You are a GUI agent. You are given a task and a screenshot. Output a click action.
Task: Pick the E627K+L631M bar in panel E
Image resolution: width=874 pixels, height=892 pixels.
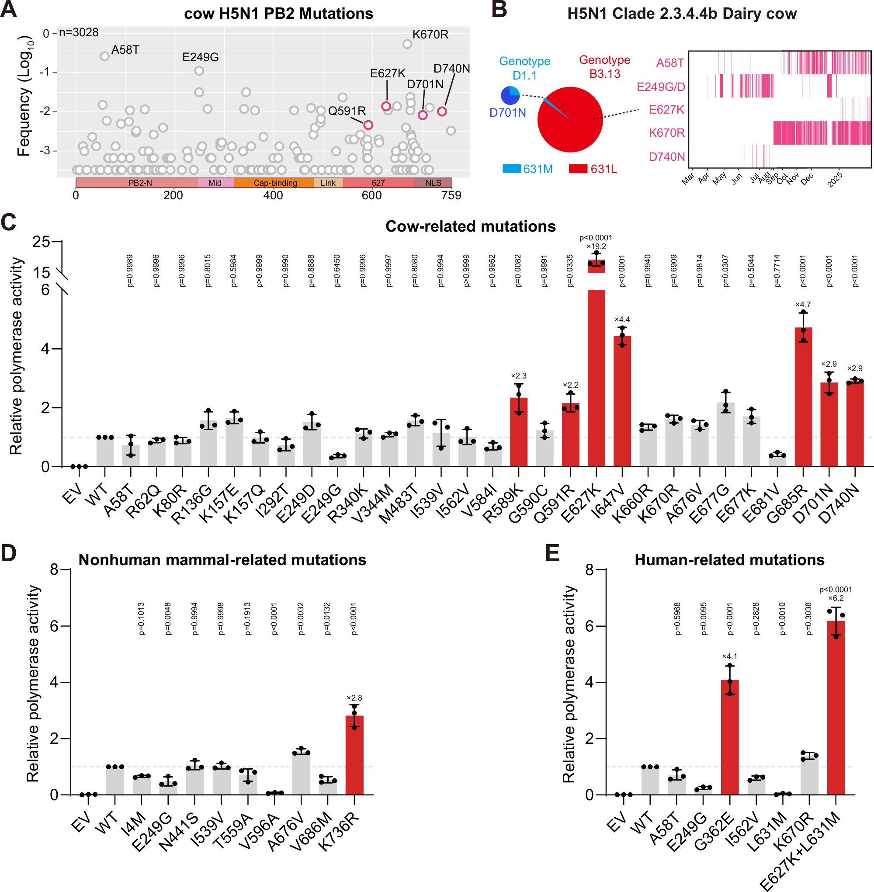836,707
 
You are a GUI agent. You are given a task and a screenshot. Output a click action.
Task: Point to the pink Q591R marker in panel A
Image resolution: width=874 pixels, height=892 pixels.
368,125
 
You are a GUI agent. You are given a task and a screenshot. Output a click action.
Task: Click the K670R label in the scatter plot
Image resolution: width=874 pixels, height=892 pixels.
430,35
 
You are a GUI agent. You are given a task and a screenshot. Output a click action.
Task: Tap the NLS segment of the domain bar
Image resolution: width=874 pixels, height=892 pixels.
433,183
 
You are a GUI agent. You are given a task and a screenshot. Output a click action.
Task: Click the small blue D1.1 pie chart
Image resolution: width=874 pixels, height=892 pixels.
510,95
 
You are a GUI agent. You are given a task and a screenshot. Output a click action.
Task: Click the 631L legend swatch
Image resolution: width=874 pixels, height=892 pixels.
578,169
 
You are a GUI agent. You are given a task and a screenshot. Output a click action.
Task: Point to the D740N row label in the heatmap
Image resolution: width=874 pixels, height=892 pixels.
666,156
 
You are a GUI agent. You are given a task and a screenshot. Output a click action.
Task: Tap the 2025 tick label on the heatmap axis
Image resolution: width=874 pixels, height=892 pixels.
836,179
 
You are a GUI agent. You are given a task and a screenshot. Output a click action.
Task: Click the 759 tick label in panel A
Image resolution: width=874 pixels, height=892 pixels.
451,195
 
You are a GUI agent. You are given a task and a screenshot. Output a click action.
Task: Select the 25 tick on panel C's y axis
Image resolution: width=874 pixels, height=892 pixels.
42,242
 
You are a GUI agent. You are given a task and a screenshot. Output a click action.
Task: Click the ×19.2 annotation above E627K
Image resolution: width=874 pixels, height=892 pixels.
596,246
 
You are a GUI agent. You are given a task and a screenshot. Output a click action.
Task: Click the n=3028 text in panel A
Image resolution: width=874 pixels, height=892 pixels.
79,33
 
